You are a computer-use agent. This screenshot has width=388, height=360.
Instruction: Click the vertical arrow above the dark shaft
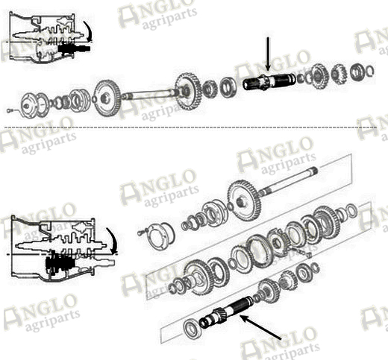tap(268, 54)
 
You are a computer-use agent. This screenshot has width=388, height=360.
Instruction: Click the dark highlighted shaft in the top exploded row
tap(269, 82)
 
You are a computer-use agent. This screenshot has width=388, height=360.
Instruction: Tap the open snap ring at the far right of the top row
tap(370, 71)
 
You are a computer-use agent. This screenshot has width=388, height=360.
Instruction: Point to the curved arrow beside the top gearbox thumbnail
tap(88, 31)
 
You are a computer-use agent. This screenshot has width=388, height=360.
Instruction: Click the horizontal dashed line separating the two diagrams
tap(190, 127)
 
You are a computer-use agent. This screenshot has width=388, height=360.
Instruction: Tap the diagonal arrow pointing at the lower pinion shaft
tap(260, 327)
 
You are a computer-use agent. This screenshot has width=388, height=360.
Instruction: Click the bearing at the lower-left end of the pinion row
tap(191, 328)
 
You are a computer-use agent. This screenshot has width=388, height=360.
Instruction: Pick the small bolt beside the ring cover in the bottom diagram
tap(141, 233)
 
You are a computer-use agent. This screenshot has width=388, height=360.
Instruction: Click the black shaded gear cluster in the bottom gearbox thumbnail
tap(60, 265)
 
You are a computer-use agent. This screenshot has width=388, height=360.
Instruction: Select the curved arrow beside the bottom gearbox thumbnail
tap(113, 241)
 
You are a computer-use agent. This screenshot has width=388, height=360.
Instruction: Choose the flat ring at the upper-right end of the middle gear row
tap(351, 210)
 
